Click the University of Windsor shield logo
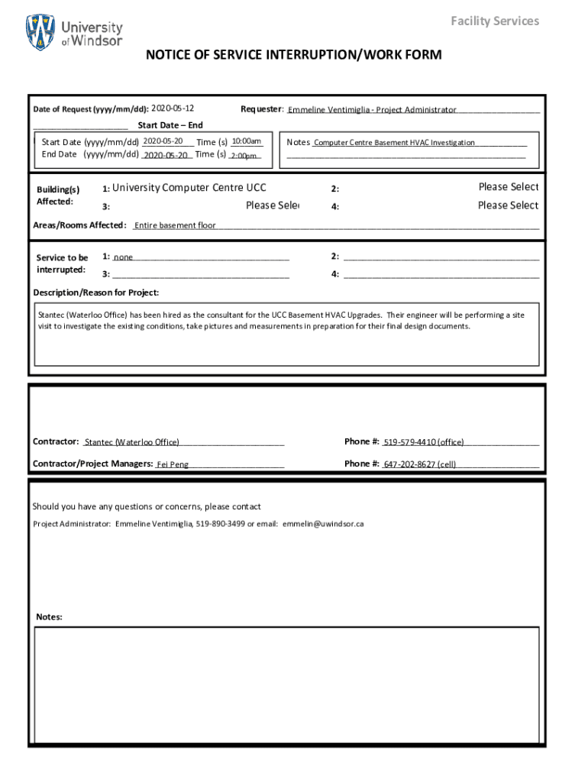click(40, 32)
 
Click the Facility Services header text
click(495, 21)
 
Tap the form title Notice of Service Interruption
click(294, 55)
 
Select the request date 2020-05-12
click(173, 108)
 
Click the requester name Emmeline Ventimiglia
click(372, 110)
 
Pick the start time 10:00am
click(247, 141)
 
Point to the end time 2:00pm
click(244, 156)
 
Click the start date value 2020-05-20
click(163, 141)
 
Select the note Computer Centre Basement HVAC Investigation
click(394, 143)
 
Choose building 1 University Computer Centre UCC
click(189, 188)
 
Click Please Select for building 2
click(508, 187)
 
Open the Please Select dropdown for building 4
click(508, 205)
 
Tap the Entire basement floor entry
click(175, 225)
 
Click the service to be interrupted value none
click(124, 257)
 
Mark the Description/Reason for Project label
click(96, 292)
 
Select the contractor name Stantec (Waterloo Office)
click(132, 442)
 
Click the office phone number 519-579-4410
click(424, 442)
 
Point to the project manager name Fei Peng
click(173, 464)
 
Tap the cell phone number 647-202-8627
click(420, 464)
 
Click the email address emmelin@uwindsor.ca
click(323, 525)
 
